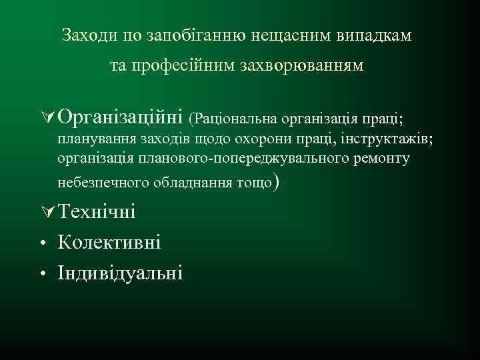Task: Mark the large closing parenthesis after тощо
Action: point(277,181)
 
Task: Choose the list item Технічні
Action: point(97,211)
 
